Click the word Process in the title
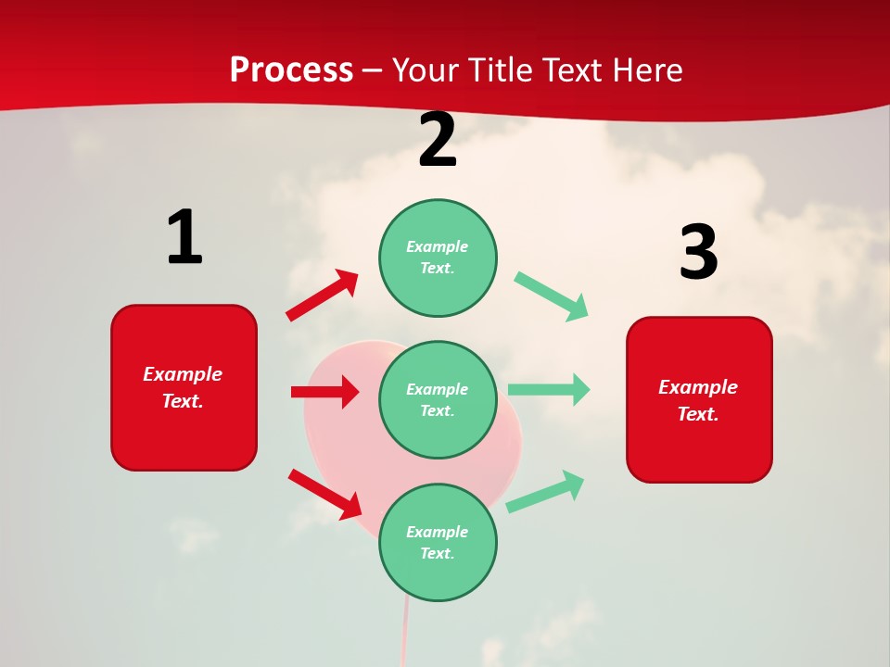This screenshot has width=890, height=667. tap(291, 70)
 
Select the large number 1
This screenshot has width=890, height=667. tap(184, 238)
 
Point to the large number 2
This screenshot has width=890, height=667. tap(438, 140)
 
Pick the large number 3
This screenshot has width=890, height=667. tap(698, 252)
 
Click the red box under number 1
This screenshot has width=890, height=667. tap(184, 387)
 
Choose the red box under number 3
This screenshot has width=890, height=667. tap(699, 399)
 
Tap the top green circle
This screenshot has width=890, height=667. tap(438, 258)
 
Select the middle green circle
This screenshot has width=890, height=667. tap(438, 399)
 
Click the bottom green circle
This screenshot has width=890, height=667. tap(438, 542)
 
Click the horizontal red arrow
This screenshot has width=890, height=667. tap(324, 392)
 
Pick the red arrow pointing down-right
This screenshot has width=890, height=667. tap(324, 494)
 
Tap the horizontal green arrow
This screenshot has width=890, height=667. tap(549, 389)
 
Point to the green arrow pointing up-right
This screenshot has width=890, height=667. tap(545, 492)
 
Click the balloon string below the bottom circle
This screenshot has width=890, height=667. tap(404, 635)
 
